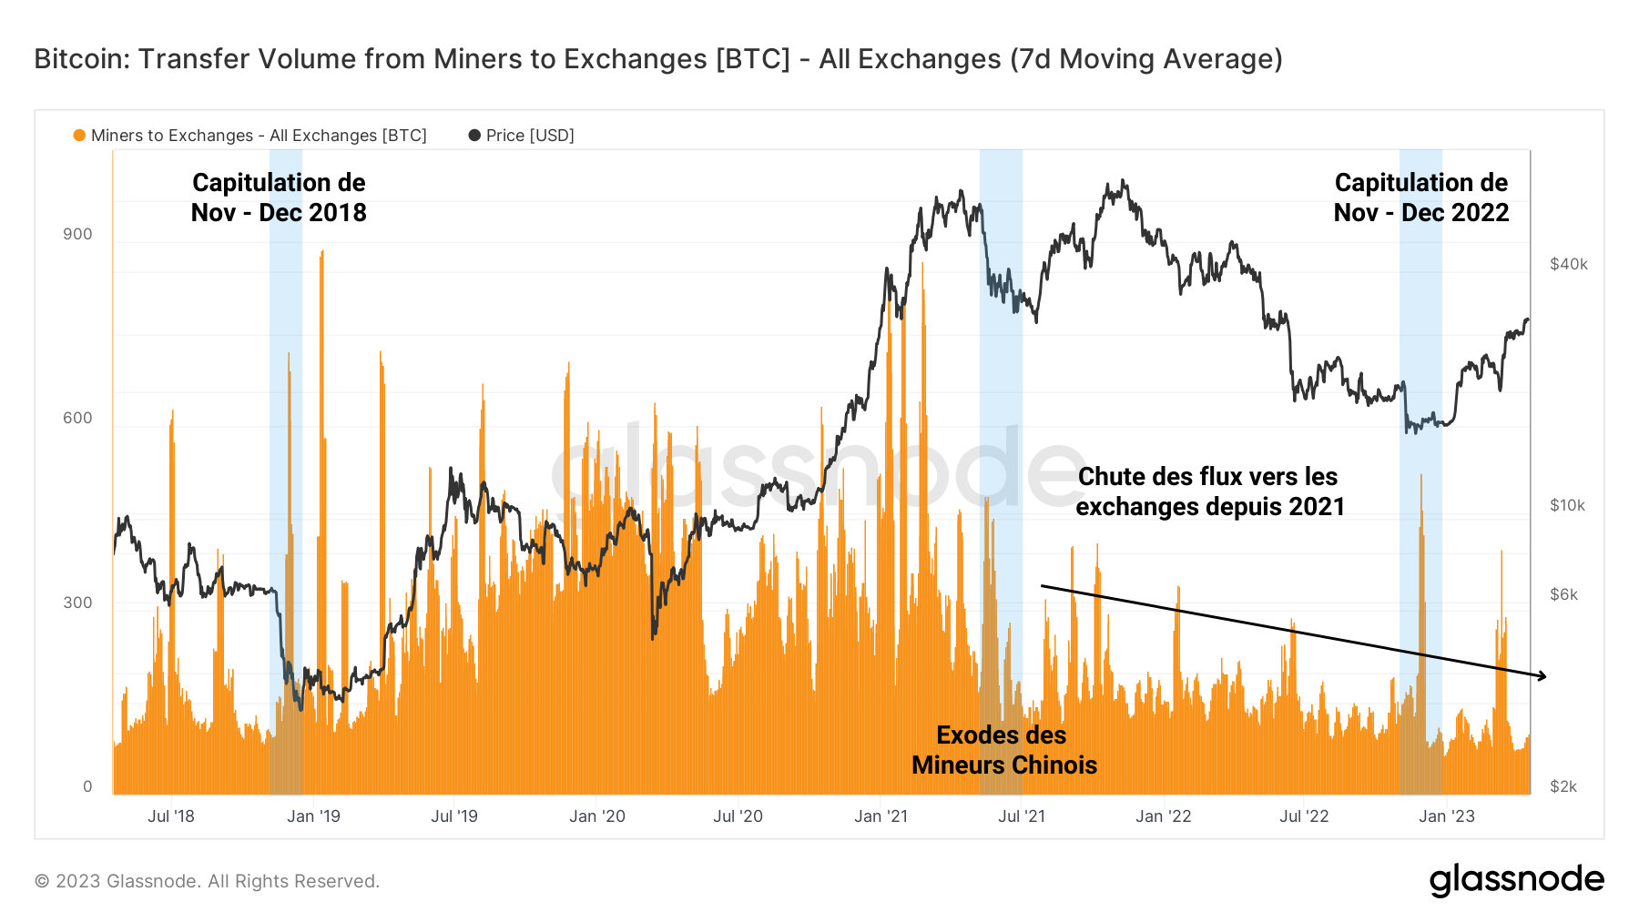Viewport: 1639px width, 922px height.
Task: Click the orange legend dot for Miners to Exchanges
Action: pos(79,136)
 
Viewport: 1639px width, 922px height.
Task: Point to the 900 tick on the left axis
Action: pos(77,234)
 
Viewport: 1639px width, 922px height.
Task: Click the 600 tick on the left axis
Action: pos(77,418)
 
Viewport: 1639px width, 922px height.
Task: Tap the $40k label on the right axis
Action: pos(1568,264)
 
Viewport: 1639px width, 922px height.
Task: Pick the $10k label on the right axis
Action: pos(1567,505)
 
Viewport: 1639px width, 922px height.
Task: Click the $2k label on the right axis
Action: pos(1563,786)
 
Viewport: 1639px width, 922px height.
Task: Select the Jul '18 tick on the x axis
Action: pos(171,816)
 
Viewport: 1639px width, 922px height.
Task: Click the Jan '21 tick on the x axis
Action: pos(881,816)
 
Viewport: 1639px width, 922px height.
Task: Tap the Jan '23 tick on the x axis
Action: pos(1446,816)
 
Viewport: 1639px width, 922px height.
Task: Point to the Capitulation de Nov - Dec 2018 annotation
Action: pos(279,198)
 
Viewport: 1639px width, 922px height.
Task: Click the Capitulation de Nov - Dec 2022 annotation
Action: pos(1420,198)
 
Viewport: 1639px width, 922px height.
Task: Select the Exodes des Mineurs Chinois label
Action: pos(1003,750)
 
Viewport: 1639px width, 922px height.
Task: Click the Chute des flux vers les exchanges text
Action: pos(1209,491)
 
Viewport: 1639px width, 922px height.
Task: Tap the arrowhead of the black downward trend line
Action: pos(1542,675)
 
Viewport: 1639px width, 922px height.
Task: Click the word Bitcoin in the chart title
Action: pos(83,59)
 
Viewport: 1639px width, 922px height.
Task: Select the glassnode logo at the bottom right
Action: pos(1516,880)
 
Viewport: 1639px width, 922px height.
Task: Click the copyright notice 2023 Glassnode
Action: pos(207,881)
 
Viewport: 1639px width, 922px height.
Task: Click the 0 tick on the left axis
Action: pos(87,786)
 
